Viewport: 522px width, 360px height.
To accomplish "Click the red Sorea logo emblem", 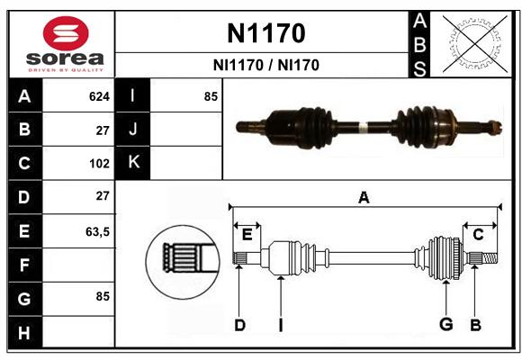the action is coord(66,33).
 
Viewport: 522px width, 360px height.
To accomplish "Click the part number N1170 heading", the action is coord(266,33).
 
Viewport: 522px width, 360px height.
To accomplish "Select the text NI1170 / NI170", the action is coord(266,65).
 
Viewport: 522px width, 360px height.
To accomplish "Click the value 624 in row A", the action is coord(99,96).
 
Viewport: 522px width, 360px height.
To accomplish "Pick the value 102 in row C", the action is coord(99,164).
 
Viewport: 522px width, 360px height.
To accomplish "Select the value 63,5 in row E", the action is coord(97,231).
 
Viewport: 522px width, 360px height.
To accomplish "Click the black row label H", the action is coord(24,332).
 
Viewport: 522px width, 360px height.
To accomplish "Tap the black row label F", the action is coord(24,265).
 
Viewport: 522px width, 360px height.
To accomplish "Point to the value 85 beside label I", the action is coord(211,96).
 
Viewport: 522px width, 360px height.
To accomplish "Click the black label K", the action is coord(132,162).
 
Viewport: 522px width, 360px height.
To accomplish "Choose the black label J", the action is coord(132,129).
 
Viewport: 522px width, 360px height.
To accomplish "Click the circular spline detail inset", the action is coord(183,262).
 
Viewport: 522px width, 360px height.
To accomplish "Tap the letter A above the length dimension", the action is coord(364,197).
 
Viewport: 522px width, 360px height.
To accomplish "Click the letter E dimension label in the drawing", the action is coord(247,235).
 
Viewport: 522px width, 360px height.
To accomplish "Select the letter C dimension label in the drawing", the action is coord(478,235).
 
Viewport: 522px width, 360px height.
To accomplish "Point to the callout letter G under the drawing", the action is coord(446,324).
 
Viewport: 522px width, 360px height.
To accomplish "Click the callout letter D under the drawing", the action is coord(239,325).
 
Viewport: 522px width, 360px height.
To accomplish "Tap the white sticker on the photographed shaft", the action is coord(363,127).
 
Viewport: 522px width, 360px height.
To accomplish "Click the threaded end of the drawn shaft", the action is coord(490,258).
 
